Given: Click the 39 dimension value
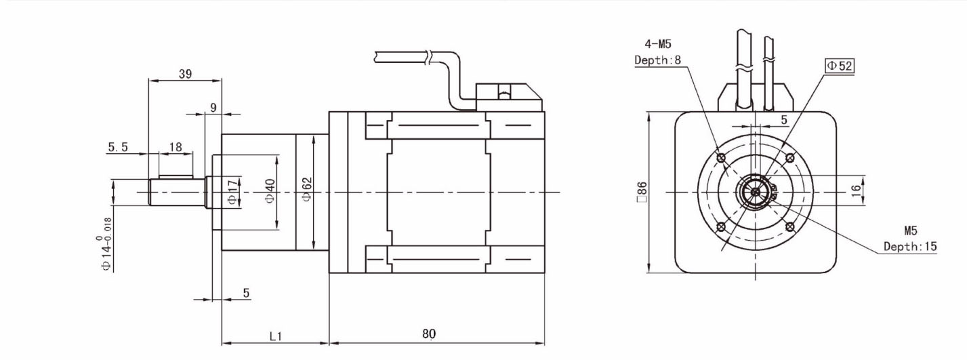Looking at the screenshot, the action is [185, 74].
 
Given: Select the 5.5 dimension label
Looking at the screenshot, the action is [118, 147].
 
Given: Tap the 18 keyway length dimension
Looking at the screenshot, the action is [176, 147].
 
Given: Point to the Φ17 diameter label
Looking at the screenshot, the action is [232, 192].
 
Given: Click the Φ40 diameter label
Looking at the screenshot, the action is [270, 191].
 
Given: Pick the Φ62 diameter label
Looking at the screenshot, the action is [306, 190].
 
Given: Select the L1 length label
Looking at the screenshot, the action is [275, 336].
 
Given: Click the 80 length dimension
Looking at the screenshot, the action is [429, 334].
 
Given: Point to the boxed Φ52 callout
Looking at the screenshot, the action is [840, 66].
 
